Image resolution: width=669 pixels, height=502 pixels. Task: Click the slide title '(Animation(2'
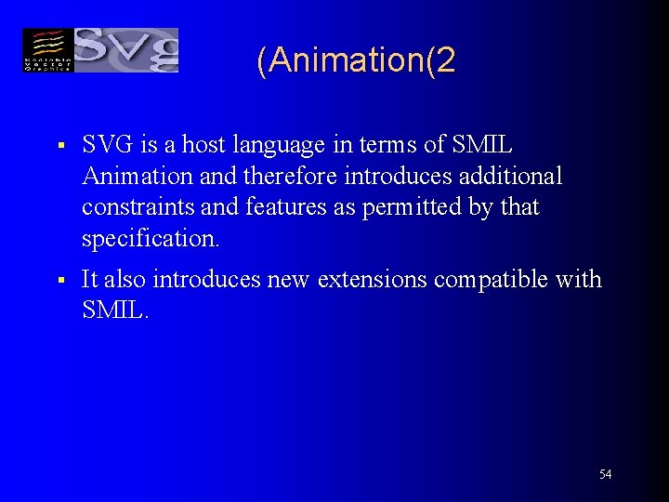[x=357, y=61]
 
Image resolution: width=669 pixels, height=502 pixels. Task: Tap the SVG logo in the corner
[x=100, y=50]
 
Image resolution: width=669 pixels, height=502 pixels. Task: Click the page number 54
[x=606, y=475]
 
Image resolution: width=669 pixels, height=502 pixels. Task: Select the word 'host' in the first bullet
[x=203, y=146]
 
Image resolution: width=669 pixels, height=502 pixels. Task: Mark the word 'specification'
[x=149, y=239]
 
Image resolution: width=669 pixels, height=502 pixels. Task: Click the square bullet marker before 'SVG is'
[x=59, y=147]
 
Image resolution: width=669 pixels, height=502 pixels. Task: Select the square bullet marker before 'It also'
[x=59, y=281]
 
